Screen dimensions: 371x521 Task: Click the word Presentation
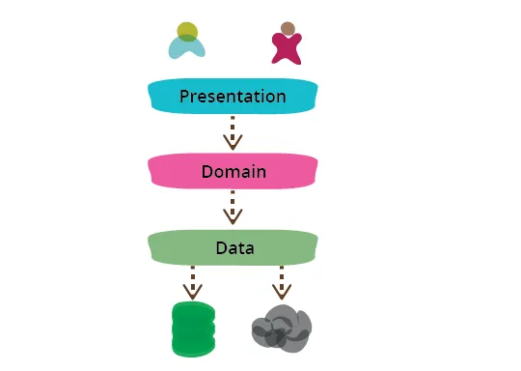coord(232,97)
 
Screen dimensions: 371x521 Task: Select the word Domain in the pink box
coord(233,173)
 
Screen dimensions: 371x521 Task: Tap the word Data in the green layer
coord(233,248)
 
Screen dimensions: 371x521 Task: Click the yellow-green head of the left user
coord(188,32)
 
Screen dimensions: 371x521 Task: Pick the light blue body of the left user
coord(187,46)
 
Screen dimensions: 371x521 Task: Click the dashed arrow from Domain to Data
coord(232,206)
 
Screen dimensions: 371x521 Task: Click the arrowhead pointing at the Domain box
coord(232,143)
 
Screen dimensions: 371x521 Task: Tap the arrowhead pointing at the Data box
coord(232,218)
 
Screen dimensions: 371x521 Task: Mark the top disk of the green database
coord(190,310)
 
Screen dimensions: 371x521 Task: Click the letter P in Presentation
coord(183,97)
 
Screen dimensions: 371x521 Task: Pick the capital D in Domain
coord(207,173)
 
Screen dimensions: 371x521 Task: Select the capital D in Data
coord(220,248)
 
